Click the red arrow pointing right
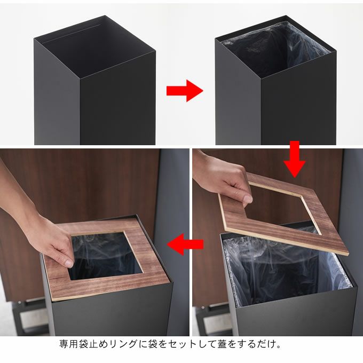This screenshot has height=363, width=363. click(185, 91)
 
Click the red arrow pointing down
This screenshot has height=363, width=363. click(295, 159)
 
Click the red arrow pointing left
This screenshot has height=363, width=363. click(185, 244)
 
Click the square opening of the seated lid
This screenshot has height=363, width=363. click(105, 255)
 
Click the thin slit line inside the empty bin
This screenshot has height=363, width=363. click(72, 34)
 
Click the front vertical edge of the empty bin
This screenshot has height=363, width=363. click(80, 111)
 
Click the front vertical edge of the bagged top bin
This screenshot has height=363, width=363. click(262, 111)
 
